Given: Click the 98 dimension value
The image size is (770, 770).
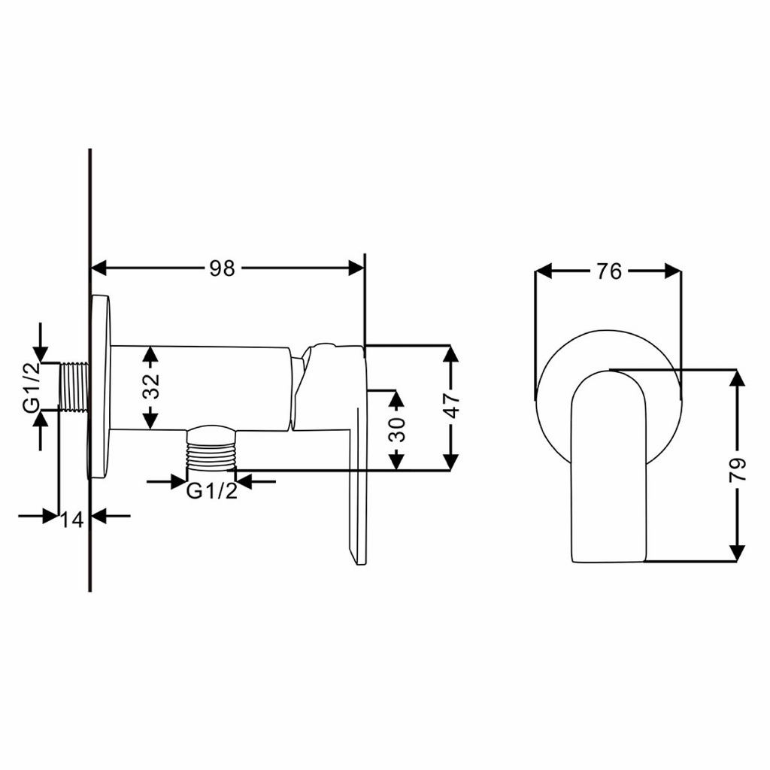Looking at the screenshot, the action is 223,268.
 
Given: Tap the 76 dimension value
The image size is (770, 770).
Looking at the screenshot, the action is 609,271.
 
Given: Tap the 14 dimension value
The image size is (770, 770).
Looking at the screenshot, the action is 72,520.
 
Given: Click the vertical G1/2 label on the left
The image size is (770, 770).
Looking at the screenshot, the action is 32,387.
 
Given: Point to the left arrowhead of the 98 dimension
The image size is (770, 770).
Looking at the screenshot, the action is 99,268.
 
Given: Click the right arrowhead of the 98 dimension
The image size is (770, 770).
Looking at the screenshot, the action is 356,268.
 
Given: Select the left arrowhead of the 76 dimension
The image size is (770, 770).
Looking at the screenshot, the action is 544,271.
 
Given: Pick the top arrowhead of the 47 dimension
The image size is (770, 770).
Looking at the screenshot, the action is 450,353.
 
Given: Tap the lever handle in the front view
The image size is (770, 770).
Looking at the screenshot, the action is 608,466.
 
